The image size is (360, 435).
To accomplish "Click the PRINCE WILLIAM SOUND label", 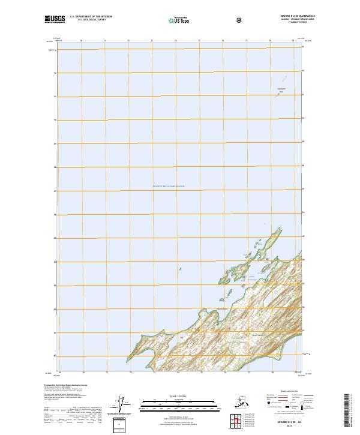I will [169, 187].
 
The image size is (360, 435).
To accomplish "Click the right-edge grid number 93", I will [303, 47].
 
